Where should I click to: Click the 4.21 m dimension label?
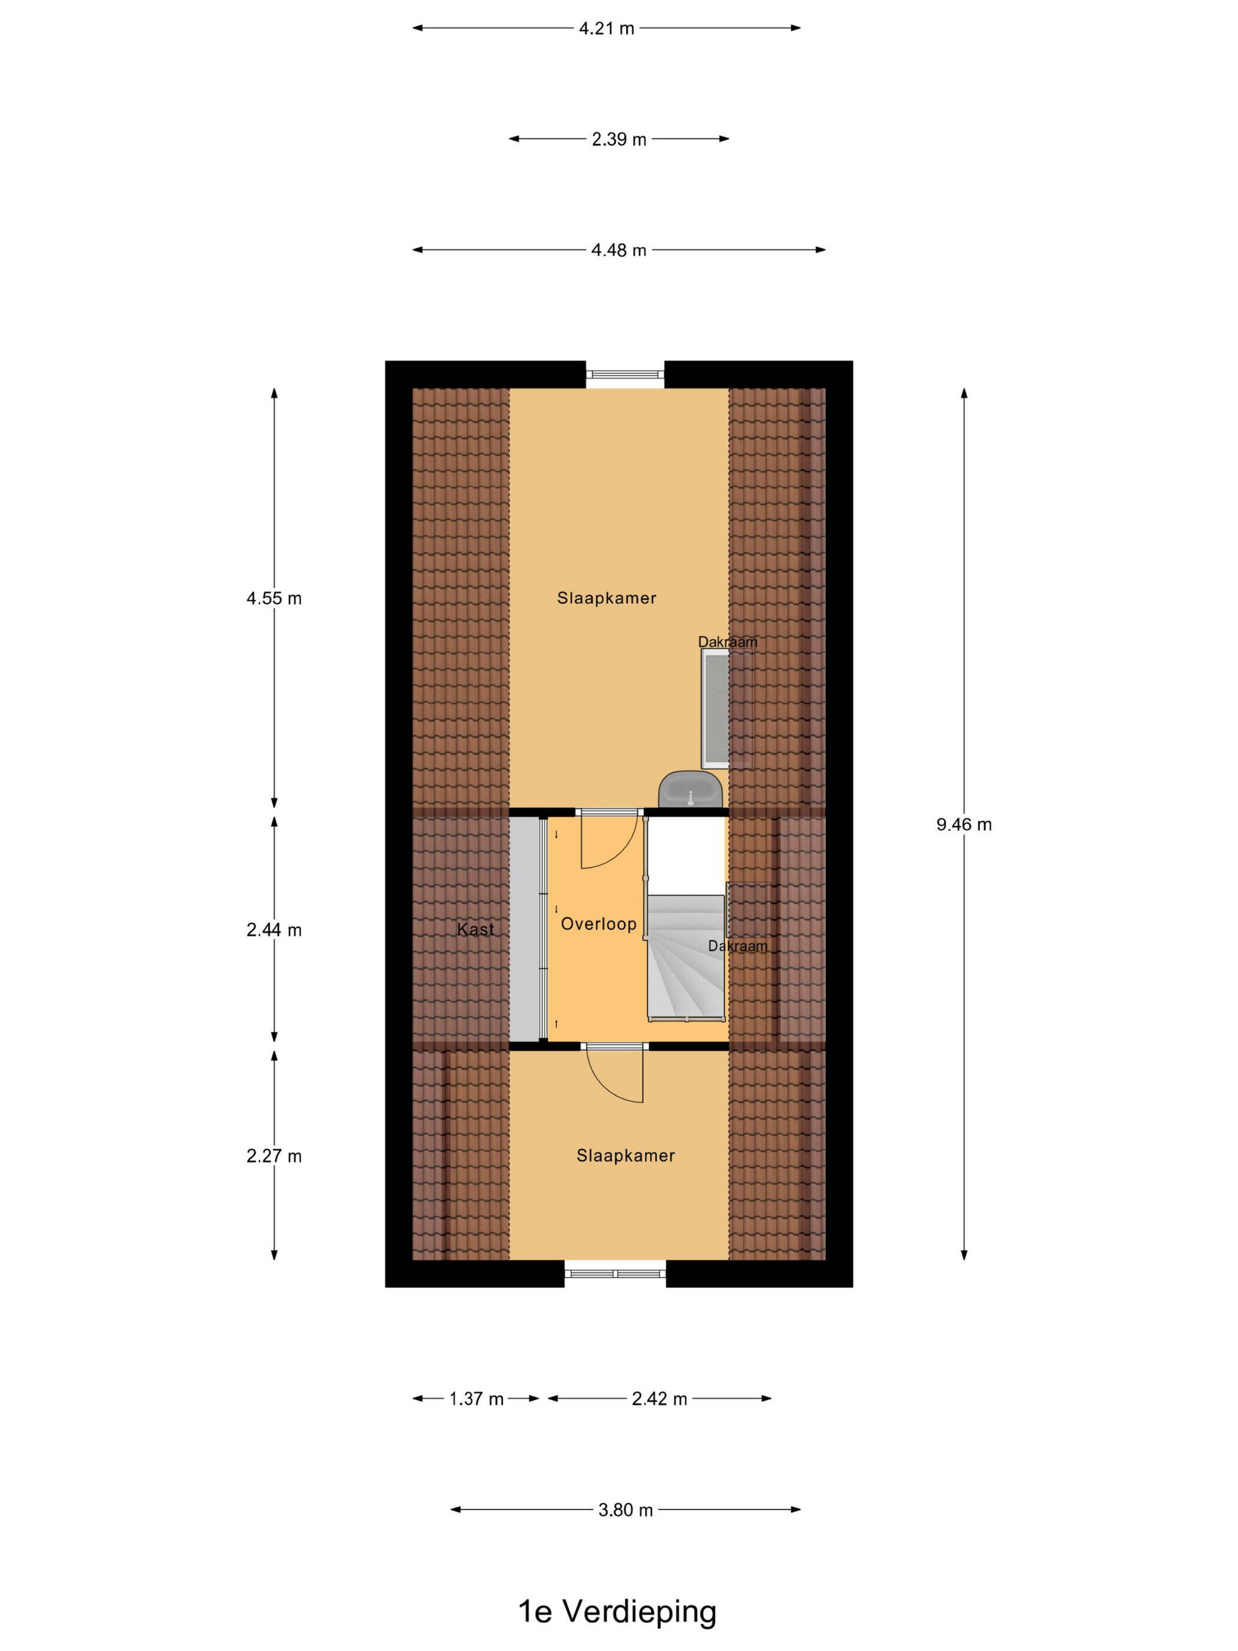(606, 28)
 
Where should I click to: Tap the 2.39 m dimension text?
(618, 139)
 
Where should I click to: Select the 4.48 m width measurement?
(618, 250)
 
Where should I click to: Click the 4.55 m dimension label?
(274, 598)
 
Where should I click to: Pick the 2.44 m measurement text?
(274, 929)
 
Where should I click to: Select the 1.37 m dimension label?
(476, 1399)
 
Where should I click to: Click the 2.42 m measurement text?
(659, 1399)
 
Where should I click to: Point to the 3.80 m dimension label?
(625, 1510)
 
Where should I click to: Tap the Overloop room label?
(598, 923)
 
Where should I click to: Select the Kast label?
(475, 929)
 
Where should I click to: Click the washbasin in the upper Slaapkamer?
(691, 789)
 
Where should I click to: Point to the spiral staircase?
(686, 957)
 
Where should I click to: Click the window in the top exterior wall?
(624, 374)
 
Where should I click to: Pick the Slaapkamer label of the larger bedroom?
(607, 598)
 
